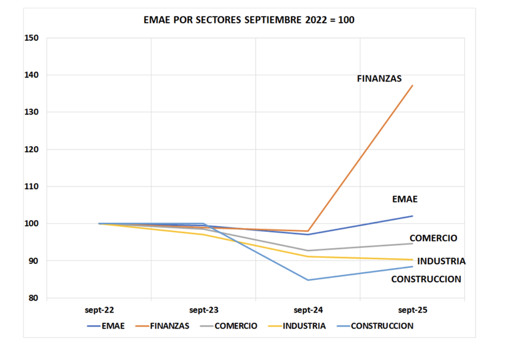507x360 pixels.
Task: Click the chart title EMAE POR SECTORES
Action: [249, 20]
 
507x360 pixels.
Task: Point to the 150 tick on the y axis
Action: [33, 38]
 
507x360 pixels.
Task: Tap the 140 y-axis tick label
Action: [33, 75]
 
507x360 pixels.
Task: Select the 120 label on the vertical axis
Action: [33, 149]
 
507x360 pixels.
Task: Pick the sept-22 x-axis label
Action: [99, 310]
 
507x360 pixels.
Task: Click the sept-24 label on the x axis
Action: [308, 310]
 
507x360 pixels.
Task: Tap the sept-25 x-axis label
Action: [412, 310]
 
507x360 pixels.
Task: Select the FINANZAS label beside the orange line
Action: [379, 79]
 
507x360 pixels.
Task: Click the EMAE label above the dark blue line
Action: [405, 199]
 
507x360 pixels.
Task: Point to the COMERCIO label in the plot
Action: [433, 238]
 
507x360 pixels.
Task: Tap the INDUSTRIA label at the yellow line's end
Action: [441, 261]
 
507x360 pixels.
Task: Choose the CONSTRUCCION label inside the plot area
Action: [426, 279]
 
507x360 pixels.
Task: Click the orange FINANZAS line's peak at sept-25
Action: [412, 85]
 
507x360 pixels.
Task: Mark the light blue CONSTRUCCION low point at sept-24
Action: [308, 280]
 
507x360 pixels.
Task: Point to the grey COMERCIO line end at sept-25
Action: [412, 243]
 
